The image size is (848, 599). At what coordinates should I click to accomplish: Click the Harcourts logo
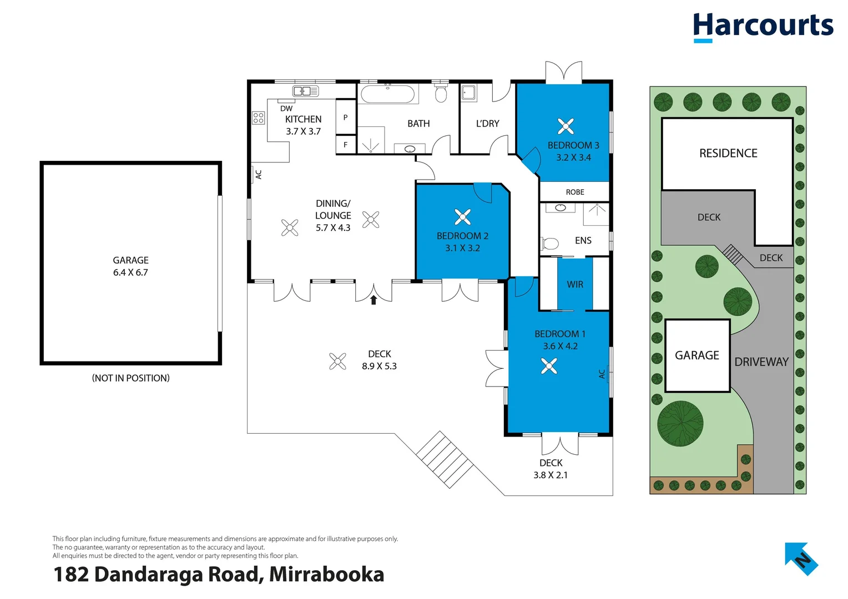point(763,26)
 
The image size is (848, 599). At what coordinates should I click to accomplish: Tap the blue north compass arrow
point(801,559)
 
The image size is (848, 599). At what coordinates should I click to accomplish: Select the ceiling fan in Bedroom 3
point(566,126)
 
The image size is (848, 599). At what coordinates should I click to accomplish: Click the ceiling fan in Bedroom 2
point(462,217)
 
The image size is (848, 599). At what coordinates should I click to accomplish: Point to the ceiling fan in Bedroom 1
point(549,366)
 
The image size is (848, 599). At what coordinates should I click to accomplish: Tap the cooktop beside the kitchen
point(259,118)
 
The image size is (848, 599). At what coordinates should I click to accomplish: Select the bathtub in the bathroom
point(387,94)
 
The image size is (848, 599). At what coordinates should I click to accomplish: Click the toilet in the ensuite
point(549,243)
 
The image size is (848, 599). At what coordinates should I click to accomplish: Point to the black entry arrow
point(373,300)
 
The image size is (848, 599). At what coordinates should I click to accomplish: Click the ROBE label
point(575,192)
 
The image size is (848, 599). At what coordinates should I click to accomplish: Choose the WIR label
point(575,285)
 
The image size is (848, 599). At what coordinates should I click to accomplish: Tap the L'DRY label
point(487,124)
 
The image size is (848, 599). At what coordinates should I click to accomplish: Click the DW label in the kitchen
point(286,109)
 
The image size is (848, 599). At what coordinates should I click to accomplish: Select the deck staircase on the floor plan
point(444,459)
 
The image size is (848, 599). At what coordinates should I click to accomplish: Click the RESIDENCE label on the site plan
point(728,153)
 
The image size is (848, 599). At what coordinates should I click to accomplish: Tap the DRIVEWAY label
point(761,362)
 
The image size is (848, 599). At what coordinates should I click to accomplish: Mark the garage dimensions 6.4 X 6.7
point(130,272)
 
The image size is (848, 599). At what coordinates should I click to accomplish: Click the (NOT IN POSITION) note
point(131,378)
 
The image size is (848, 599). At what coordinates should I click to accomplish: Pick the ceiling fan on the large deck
point(337,361)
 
